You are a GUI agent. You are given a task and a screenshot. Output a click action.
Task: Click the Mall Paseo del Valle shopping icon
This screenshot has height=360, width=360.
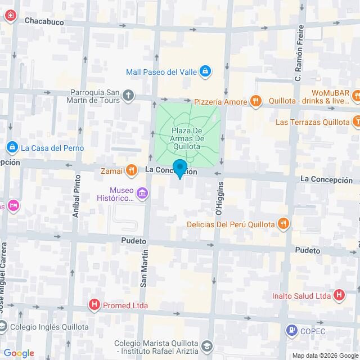205,71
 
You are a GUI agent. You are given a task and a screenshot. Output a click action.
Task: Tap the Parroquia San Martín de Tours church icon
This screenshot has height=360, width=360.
129,95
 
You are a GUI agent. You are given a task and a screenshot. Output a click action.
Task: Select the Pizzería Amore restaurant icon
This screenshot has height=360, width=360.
256,101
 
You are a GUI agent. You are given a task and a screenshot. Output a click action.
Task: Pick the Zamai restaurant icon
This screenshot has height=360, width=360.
131,169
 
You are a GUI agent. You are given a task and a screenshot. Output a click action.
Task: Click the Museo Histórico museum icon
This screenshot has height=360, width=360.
142,195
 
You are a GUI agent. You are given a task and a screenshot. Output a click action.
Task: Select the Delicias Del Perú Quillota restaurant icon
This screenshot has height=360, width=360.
283,224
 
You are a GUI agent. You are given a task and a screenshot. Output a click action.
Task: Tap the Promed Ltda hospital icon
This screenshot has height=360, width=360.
94,305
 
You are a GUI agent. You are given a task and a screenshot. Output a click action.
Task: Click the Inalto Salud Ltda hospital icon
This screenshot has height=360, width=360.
339,294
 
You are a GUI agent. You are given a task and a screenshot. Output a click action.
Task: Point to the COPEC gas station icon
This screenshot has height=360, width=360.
291,331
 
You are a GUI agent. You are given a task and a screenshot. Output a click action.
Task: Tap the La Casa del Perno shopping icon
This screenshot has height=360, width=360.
11,148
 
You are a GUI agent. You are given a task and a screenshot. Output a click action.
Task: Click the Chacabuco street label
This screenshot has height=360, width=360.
44,21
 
